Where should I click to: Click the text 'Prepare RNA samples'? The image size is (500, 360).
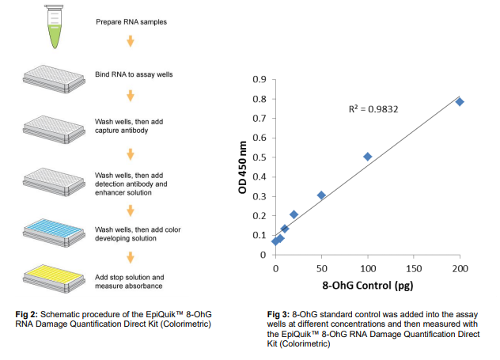tap(131, 22)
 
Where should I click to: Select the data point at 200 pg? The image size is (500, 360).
tap(460, 102)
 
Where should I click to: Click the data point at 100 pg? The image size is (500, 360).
tap(367, 157)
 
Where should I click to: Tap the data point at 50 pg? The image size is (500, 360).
tap(321, 195)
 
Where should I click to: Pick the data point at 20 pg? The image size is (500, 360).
tap(294, 214)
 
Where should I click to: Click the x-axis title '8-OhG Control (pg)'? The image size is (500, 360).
tap(366, 285)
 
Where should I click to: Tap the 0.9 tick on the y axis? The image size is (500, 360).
tap(258, 80)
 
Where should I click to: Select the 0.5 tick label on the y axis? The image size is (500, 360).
tap(258, 157)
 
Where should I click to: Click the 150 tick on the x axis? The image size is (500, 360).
tap(413, 268)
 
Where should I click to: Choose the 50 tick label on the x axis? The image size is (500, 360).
tap(321, 268)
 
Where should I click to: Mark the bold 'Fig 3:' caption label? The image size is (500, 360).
tap(279, 316)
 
